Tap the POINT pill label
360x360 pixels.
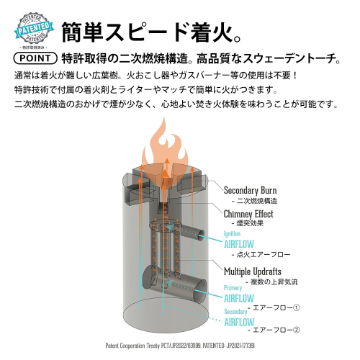[x=35, y=58]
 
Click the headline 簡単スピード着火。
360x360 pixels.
[x=151, y=32]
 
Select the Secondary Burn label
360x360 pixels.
[x=250, y=190]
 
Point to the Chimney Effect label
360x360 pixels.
[x=248, y=214]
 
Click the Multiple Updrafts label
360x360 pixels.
[x=253, y=271]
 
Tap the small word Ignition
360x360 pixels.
[x=232, y=233]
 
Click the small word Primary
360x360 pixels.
[x=233, y=288]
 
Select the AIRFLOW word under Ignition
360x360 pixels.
[x=239, y=244]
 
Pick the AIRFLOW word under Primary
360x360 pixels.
[x=239, y=299]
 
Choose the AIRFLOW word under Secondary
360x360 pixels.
[x=239, y=322]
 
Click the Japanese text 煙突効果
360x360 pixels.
[x=250, y=223]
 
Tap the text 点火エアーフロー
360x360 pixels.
[x=264, y=255]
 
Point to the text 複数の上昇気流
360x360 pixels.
[x=274, y=282]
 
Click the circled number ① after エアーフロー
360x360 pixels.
[x=297, y=307]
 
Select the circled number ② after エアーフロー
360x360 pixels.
[x=297, y=330]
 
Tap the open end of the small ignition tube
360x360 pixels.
[x=201, y=235]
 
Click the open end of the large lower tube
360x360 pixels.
[x=200, y=291]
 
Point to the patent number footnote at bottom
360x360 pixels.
[x=180, y=346]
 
